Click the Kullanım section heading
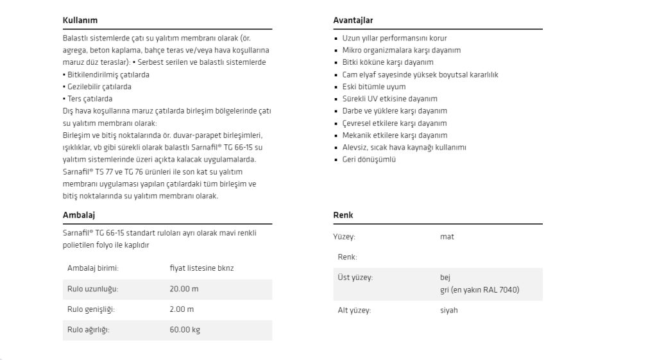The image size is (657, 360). [80, 21]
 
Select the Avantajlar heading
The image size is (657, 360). [353, 21]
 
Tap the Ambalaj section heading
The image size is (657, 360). [79, 215]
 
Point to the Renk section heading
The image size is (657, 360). [343, 215]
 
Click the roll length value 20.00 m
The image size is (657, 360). [184, 289]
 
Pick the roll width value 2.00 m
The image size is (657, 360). [182, 309]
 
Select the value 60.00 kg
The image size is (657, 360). [185, 330]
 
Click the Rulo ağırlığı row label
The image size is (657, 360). [89, 330]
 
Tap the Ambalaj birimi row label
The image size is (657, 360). [93, 268]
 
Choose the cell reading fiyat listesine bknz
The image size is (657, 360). [201, 268]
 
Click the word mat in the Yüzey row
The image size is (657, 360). [447, 237]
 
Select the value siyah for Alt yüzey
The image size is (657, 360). [449, 311]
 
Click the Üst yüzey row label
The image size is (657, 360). [355, 278]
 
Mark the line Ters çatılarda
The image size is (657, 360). [89, 99]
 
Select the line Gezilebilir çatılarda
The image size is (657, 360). [99, 87]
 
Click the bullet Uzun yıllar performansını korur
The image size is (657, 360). [395, 38]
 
